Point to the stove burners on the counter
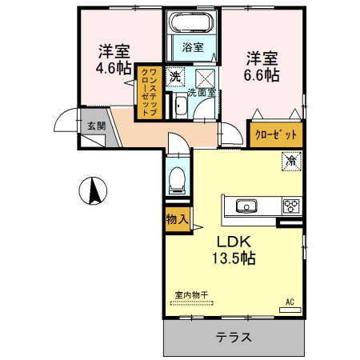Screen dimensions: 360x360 tap(290, 206)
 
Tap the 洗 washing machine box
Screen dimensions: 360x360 tap(175, 77)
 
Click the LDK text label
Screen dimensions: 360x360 tap(234, 242)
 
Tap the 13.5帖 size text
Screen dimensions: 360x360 tap(234, 259)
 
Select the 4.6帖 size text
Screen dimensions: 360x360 tap(114, 68)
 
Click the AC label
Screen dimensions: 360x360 tap(290, 302)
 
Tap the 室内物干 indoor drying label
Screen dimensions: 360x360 tap(191, 295)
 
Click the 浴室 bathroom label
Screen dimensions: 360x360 tap(192, 47)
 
